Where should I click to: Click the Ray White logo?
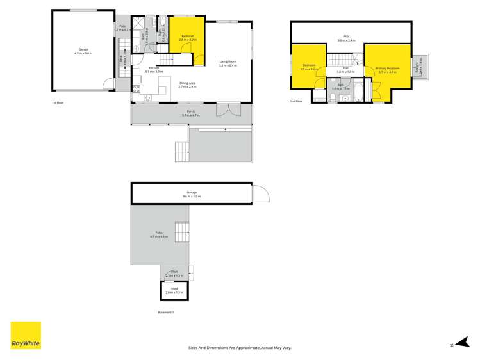26,336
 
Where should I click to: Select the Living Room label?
228,63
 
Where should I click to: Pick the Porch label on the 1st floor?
190,113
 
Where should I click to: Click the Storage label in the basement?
192,194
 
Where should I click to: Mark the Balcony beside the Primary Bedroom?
419,66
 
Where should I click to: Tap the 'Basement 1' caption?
165,312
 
